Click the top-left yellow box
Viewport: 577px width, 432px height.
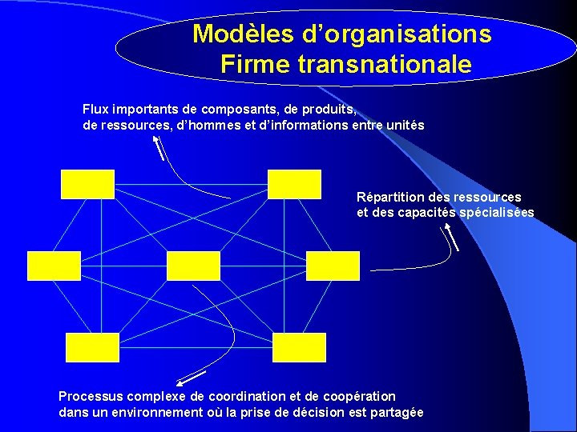tap(87, 184)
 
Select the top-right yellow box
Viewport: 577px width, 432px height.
tap(294, 184)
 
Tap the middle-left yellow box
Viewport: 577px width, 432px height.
tap(54, 266)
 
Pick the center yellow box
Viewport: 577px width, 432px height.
tap(193, 266)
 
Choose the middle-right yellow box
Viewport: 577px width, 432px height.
tap(333, 266)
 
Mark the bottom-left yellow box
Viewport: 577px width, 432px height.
tap(92, 348)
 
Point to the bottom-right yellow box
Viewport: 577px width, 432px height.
tap(299, 348)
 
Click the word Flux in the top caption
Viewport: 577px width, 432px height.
tap(96, 108)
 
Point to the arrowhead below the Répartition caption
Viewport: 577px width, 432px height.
tap(444, 229)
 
